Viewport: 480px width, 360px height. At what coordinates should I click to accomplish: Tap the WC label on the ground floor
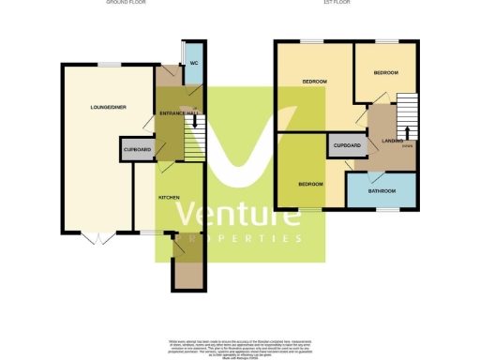point(193,63)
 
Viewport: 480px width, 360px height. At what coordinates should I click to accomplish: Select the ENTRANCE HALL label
point(176,113)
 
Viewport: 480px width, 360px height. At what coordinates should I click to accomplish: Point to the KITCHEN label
point(169,197)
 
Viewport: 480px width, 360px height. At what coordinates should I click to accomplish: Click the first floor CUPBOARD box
point(346,146)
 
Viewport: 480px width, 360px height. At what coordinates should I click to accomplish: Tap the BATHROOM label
point(382,191)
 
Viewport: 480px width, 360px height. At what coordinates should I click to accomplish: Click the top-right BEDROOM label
point(385,72)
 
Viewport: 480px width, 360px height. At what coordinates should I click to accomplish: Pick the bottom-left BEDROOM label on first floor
point(310,184)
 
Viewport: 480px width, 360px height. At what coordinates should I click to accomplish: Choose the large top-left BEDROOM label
point(314,82)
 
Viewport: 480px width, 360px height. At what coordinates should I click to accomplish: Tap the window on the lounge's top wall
point(111,64)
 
